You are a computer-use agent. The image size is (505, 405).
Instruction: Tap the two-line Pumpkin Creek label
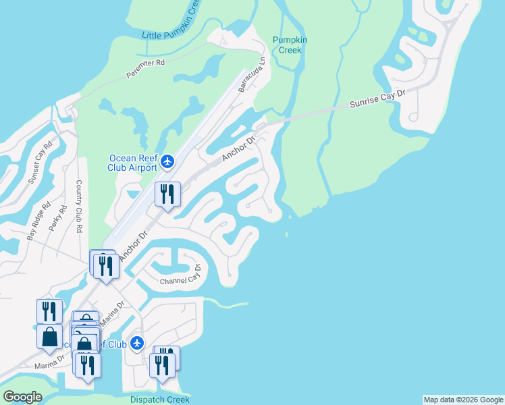coord(290,45)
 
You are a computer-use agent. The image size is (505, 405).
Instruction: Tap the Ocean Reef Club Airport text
coord(133,163)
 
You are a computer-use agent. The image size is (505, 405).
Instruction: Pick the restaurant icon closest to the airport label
coord(165,194)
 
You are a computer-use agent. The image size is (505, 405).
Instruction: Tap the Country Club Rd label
coord(79,207)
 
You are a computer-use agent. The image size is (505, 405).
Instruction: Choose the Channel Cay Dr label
coord(180,278)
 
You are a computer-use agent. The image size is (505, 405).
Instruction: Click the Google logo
coord(22,398)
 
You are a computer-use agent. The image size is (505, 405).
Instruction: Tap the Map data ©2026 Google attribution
coord(463,400)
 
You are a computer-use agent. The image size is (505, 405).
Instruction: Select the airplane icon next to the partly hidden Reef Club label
coord(138,344)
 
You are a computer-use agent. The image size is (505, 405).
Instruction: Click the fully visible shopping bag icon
coord(50,335)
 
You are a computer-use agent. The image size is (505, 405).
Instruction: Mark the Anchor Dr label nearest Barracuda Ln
coord(239,149)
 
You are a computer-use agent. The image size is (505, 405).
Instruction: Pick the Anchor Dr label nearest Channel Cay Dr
coord(133,247)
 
